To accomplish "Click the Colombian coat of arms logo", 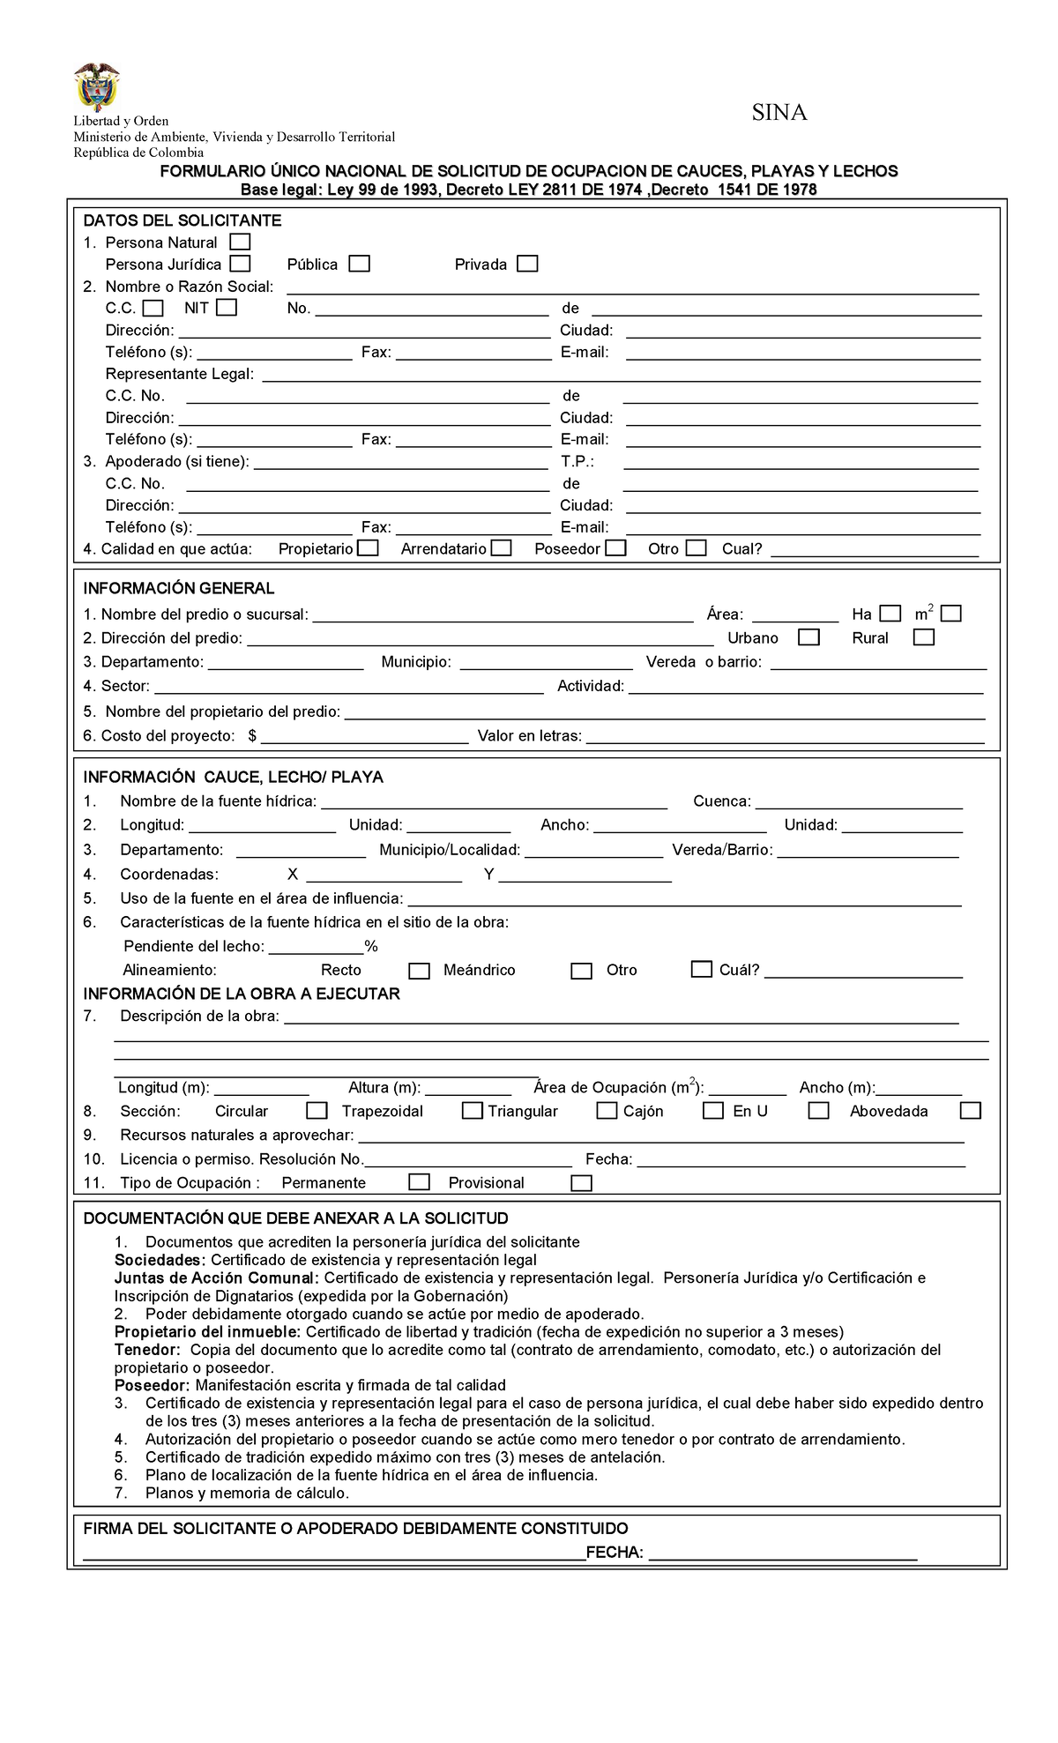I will click(x=96, y=86).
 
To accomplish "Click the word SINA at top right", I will click(x=779, y=113).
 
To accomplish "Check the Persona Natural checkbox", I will click(x=239, y=242).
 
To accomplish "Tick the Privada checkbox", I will click(x=527, y=264).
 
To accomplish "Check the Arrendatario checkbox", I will click(x=501, y=548).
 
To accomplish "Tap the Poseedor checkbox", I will click(x=615, y=548).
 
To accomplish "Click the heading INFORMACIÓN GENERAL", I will click(x=178, y=588).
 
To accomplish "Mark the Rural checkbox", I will click(x=923, y=637).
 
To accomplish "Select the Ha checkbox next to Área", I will click(x=890, y=614).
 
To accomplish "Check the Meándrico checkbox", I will click(x=581, y=971).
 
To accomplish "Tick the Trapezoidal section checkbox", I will click(x=472, y=1111).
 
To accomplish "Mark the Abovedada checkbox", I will click(x=970, y=1111).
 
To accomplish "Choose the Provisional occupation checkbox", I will click(x=581, y=1183).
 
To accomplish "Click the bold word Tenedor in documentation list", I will click(x=146, y=1350).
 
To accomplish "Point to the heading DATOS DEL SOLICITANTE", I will click(x=182, y=220).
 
